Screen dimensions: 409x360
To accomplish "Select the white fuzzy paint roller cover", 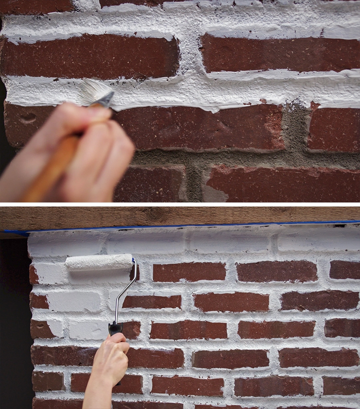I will tap(98, 262).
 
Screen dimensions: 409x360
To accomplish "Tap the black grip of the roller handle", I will tap(115, 328).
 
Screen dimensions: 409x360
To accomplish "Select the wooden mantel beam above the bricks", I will tap(180, 216).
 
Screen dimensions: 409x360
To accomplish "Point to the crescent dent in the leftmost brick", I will tap(28, 118).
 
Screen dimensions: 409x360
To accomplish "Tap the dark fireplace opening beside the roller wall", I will tap(14, 320).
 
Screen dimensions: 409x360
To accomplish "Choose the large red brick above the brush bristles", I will tap(90, 56).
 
